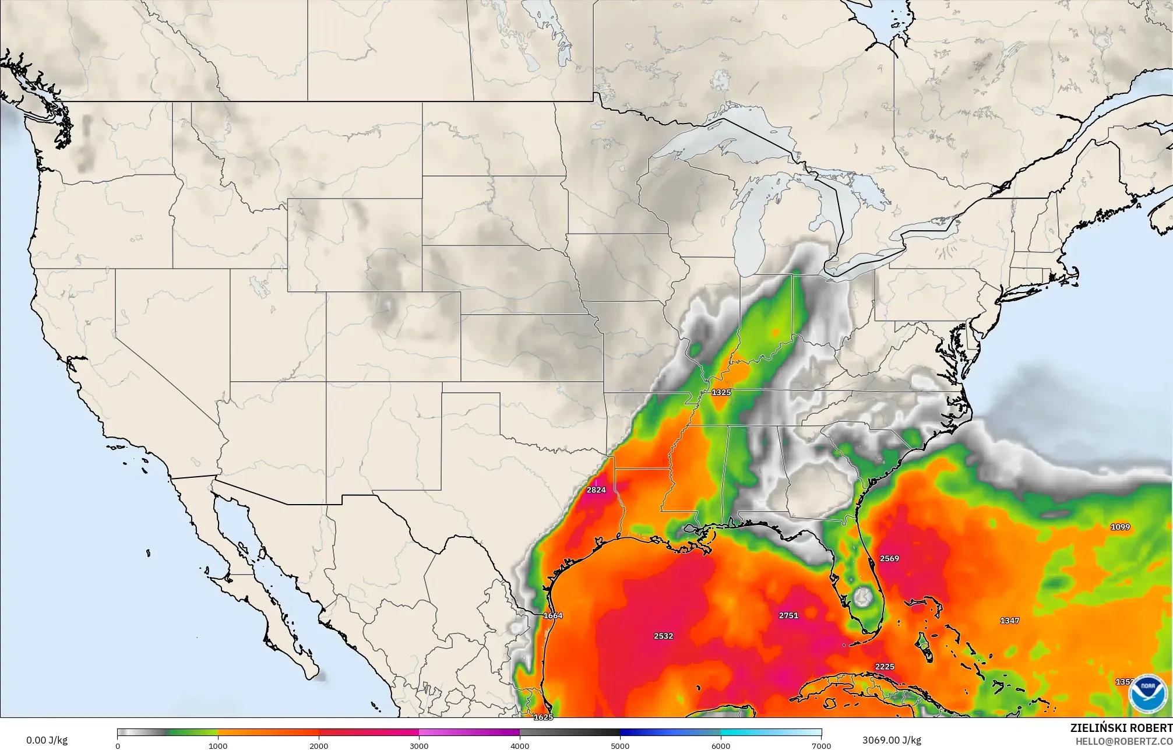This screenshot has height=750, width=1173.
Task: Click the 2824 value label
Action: (596, 490)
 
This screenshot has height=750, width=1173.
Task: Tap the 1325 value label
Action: (721, 392)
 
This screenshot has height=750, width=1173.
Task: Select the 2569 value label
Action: (889, 558)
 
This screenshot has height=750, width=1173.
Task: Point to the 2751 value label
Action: (788, 615)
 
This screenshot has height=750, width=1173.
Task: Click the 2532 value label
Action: (663, 636)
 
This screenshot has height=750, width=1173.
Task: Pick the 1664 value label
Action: (552, 615)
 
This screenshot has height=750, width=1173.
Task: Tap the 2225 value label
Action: (885, 667)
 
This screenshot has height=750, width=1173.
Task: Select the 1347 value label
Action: (1010, 621)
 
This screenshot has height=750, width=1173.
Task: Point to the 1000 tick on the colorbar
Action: (218, 745)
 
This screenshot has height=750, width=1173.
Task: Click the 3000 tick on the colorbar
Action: (419, 745)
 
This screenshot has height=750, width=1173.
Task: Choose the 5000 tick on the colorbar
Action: (620, 745)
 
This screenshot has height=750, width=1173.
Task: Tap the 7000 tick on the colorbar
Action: (821, 745)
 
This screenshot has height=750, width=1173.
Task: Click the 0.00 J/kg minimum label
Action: (47, 741)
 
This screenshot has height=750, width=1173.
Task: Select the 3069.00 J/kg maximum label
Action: (892, 741)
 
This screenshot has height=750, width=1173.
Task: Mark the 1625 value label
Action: (543, 717)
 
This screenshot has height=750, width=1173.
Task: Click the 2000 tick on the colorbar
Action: (319, 745)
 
